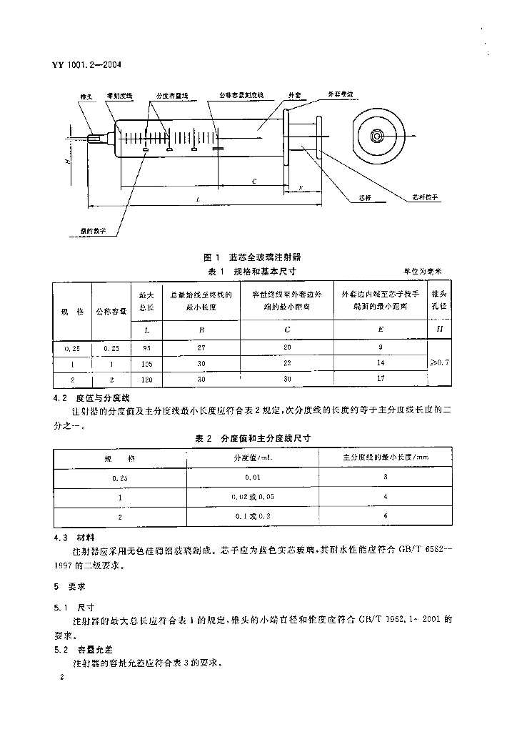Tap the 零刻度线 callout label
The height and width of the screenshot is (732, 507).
(116, 94)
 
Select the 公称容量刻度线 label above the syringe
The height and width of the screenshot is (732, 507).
(241, 94)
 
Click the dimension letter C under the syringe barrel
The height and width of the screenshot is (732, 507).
(254, 182)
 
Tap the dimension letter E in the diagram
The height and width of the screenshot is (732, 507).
(301, 187)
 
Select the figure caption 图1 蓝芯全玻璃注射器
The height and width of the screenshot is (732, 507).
(252, 256)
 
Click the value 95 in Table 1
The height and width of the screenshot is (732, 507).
(146, 348)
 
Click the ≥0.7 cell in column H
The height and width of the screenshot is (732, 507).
(438, 363)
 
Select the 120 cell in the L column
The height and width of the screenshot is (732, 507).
(146, 378)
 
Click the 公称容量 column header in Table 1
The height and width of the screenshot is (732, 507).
(111, 312)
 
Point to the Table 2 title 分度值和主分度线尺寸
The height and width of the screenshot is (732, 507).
(254, 437)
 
